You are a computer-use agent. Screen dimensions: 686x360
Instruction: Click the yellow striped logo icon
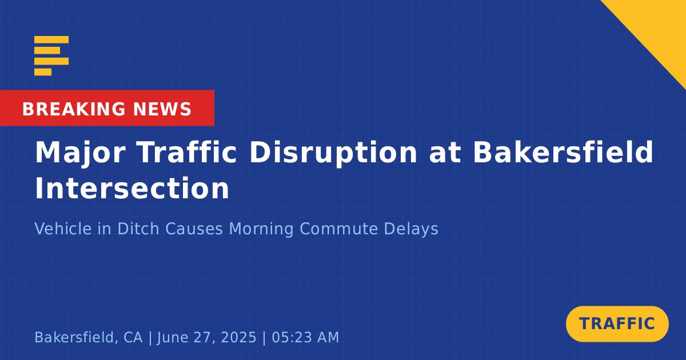pos(51,56)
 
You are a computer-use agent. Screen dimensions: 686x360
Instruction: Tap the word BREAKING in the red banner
pos(74,109)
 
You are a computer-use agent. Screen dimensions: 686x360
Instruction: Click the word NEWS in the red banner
pos(162,109)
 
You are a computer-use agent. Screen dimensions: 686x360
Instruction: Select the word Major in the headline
pos(80,153)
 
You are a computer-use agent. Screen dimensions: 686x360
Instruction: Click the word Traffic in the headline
pos(186,152)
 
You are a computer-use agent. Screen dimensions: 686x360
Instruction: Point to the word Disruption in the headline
pos(333,153)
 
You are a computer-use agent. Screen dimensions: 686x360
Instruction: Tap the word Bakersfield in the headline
pos(563,151)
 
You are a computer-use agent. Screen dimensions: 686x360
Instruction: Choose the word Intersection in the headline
pos(132,187)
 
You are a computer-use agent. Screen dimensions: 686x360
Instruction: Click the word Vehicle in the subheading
pos(63,229)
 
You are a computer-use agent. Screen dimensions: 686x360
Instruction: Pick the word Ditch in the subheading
pos(138,229)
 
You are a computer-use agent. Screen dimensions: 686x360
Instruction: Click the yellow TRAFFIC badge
pos(617,324)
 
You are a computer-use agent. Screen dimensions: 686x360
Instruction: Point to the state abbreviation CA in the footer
pos(133,337)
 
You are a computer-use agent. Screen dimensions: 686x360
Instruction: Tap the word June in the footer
pos(172,338)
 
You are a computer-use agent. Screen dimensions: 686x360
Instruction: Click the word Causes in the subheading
pos(194,229)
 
